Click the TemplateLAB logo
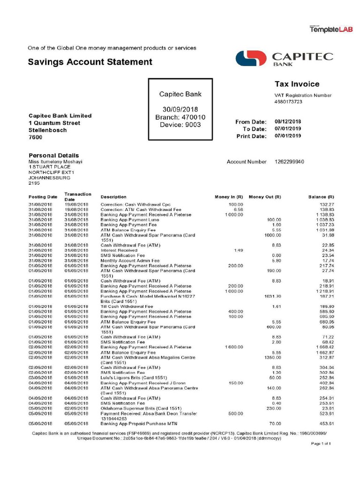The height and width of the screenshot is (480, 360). click(330, 29)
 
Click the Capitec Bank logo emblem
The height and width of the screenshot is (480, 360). click(251, 59)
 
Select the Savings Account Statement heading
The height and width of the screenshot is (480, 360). click(90, 62)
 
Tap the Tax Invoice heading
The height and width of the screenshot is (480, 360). click(297, 84)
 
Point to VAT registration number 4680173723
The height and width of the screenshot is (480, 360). click(288, 102)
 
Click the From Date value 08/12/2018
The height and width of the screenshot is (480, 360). click(288, 122)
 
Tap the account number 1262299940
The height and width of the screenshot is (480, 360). click(289, 162)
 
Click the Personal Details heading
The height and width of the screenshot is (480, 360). click(54, 155)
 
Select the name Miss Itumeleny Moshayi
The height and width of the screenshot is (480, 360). click(55, 162)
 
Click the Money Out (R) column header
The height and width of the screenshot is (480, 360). click(265, 197)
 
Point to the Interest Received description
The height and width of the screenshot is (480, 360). click(119, 250)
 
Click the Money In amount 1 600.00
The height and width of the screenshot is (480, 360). click(234, 347)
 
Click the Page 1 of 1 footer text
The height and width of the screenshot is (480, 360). click(322, 443)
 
